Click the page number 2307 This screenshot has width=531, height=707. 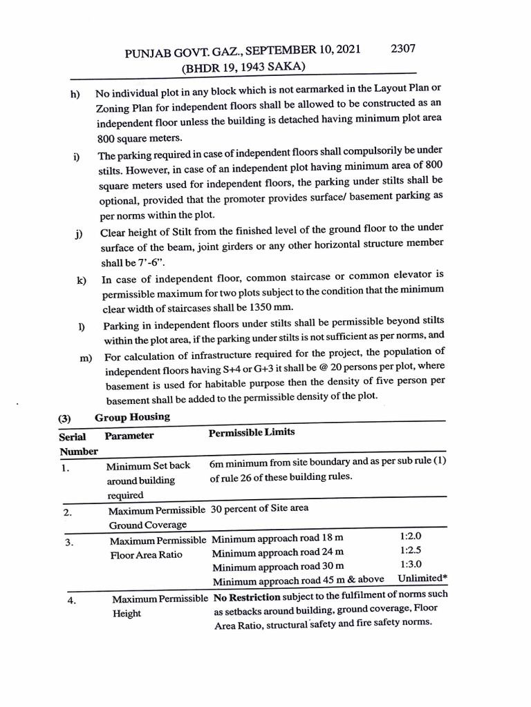pos(402,48)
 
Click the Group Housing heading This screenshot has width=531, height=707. pos(131,417)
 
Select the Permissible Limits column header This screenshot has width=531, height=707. pos(251,432)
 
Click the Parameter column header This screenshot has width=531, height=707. pos(129,436)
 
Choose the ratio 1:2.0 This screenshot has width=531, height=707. pos(411,536)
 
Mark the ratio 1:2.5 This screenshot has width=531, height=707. pos(411,551)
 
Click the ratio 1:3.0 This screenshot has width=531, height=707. pos(411,565)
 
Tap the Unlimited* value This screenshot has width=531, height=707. pos(422,579)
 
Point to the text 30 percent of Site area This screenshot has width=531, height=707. pos(260,508)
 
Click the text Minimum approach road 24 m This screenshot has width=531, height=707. pos(277,552)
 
